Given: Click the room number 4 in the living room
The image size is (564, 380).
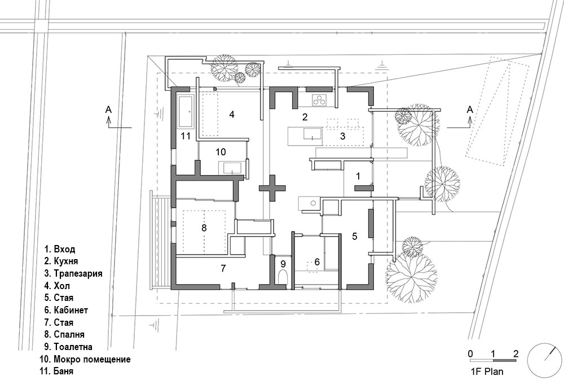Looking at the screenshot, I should click(x=231, y=114).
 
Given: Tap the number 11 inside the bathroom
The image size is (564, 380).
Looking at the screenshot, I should click(x=186, y=136).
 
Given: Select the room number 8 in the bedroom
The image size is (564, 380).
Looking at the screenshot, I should click(x=204, y=228).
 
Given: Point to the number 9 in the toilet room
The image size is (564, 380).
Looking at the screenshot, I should click(x=283, y=263).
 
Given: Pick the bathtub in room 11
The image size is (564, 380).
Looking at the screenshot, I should click(x=186, y=112).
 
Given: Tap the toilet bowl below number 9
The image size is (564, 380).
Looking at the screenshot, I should click(x=283, y=277).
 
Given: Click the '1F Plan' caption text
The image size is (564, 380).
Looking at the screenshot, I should click(x=487, y=372).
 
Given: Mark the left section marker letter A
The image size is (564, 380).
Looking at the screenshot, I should click(x=108, y=111).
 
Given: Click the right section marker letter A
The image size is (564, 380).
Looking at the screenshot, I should click(x=469, y=111).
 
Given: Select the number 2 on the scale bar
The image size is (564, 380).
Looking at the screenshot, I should click(x=515, y=353).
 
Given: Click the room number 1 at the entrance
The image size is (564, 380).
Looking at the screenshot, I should click(x=357, y=176).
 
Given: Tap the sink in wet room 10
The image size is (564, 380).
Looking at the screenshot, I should click(x=231, y=168).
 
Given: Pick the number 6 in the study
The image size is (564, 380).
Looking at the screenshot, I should click(x=316, y=262).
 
